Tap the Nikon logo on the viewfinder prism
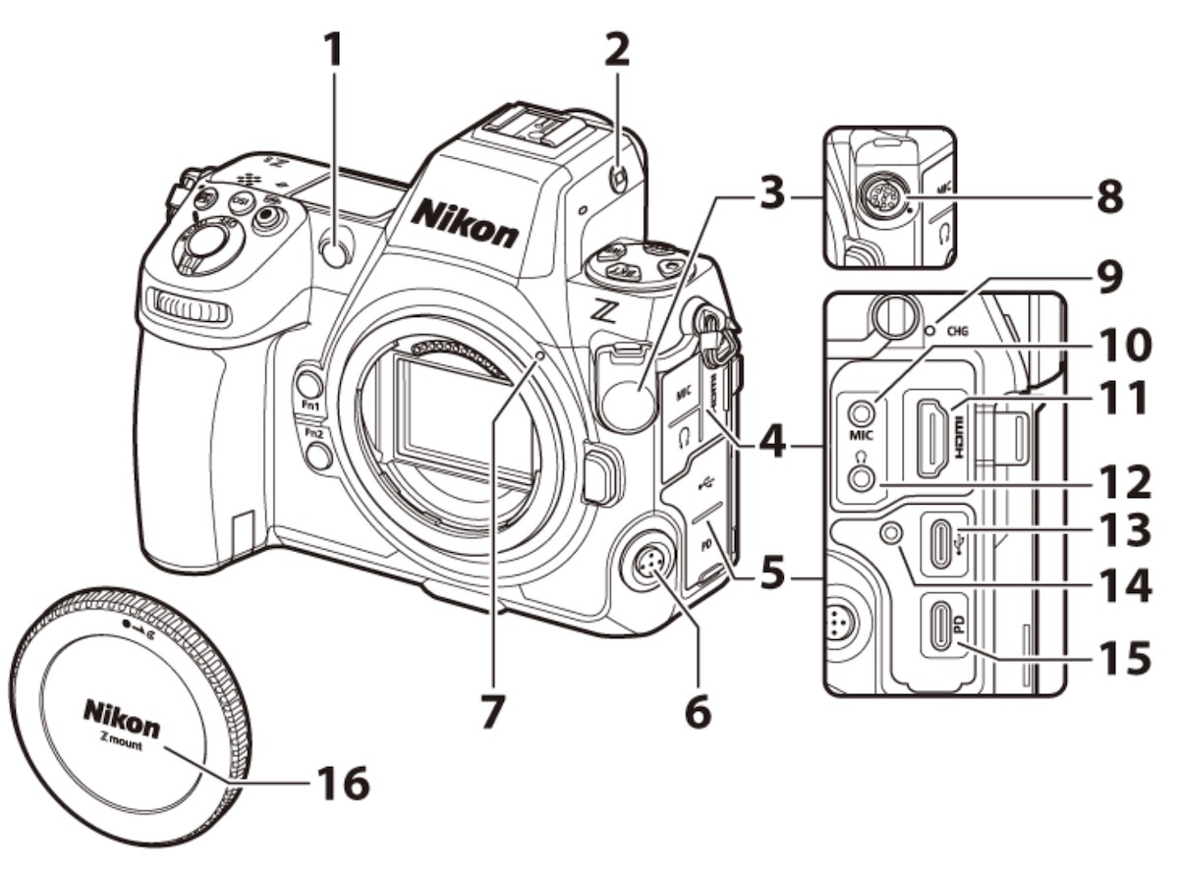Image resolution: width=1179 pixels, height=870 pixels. (464, 222)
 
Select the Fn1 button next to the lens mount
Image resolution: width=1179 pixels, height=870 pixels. (310, 383)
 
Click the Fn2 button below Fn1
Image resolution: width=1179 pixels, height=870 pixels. (316, 453)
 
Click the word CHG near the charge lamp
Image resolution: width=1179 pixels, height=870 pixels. (958, 331)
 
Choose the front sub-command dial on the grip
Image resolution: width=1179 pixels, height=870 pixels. (188, 310)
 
